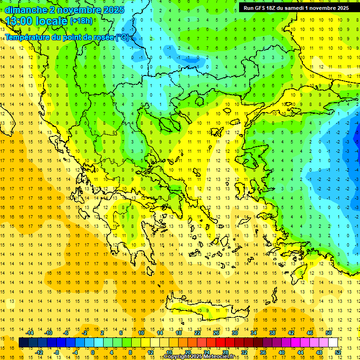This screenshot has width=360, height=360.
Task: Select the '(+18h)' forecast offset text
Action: pos(81,21)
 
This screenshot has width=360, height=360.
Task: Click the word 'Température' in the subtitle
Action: pos(30,37)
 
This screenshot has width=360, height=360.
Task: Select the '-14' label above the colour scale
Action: pos(30,333)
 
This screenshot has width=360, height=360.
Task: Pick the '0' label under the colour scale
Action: pos(93,352)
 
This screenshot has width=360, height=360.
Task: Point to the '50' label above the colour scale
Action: pos(328,333)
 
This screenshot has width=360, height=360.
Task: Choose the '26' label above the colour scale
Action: pos(217,333)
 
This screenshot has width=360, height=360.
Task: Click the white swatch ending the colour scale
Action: pos(333,343)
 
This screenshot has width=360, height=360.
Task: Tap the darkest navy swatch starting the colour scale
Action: pos(23,343)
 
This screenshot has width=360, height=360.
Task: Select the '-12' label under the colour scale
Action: pos(39,352)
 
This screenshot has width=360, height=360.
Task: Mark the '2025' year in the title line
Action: pos(112,10)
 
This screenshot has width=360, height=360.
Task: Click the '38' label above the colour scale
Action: pos(272,333)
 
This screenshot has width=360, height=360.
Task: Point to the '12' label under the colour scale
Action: pos(151,352)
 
